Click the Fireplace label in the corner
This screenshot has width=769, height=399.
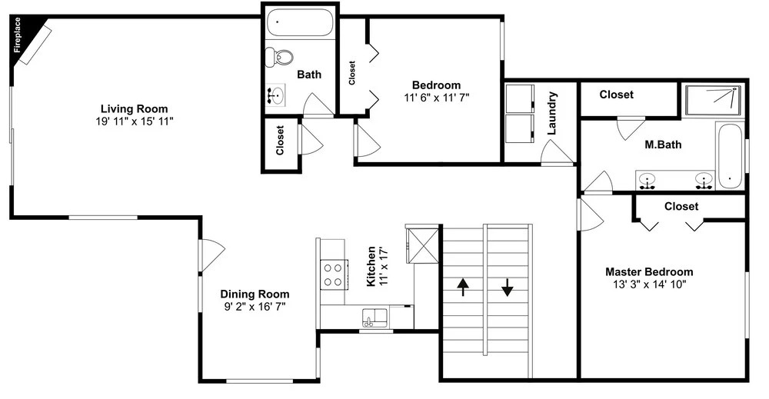18,35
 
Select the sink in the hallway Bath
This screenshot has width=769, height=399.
276,95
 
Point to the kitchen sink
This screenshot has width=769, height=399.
375,318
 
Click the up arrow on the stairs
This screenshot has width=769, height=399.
462,288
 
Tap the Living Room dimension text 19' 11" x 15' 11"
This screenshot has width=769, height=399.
135,121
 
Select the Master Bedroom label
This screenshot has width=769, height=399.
649,271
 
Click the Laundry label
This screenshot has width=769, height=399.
551,113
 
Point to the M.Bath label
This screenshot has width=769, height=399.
663,145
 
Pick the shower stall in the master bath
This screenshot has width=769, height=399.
713,100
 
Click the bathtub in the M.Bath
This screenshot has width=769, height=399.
730,156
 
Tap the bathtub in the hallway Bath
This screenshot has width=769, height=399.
300,22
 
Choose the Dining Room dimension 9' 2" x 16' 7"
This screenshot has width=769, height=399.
254,307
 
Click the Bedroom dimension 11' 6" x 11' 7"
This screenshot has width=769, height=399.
437,98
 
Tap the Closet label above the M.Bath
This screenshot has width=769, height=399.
617,94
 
